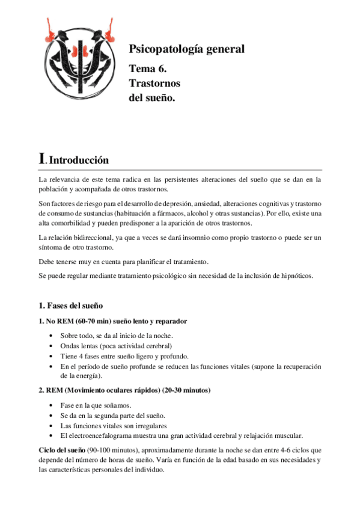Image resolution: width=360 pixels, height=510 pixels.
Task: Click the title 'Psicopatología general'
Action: click(187, 49)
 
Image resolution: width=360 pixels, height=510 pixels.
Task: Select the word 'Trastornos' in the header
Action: click(154, 83)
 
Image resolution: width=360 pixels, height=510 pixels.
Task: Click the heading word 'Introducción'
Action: click(78, 161)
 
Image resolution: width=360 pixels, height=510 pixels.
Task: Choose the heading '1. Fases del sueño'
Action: click(71, 305)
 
